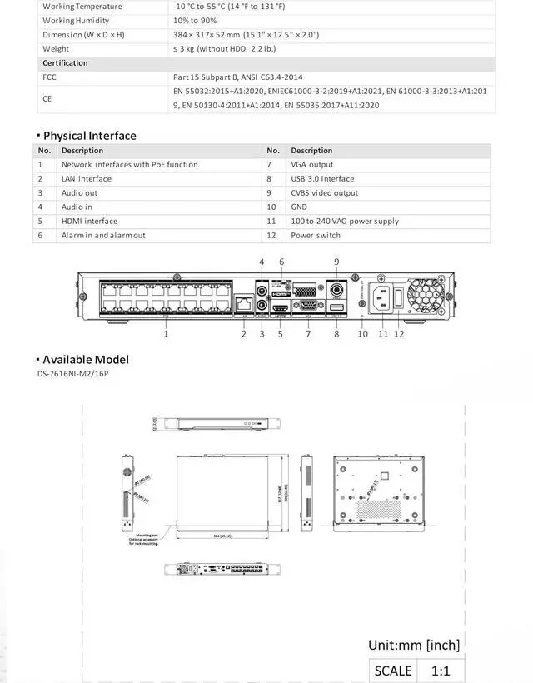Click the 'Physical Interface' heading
(89, 136)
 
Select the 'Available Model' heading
(86, 360)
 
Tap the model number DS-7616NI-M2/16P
(72, 374)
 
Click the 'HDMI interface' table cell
(89, 221)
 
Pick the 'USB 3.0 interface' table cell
(322, 178)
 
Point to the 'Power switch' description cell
(316, 235)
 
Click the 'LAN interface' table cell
(86, 178)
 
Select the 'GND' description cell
(299, 207)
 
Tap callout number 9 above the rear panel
(336, 262)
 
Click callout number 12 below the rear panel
(399, 333)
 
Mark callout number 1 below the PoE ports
(166, 333)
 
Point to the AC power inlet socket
(382, 297)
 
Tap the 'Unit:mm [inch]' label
(414, 644)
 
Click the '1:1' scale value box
(441, 671)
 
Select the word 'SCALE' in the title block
(393, 671)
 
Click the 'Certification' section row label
(65, 62)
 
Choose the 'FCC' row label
(50, 77)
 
